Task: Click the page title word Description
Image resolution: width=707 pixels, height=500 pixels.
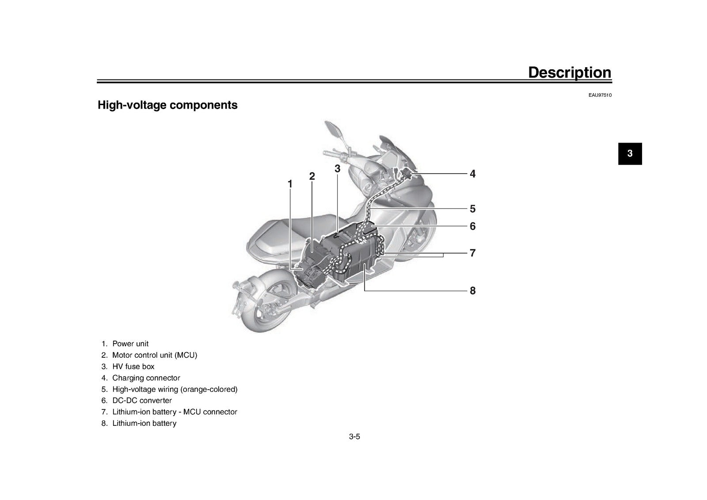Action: click(x=570, y=73)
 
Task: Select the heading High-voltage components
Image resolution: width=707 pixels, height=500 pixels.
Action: click(x=167, y=105)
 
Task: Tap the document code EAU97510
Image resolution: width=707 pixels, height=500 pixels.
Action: click(x=600, y=95)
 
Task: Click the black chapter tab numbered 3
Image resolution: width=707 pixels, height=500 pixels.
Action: click(x=630, y=154)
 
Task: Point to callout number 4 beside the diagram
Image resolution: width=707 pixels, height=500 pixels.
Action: click(x=472, y=174)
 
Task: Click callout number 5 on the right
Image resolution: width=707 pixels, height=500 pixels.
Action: click(x=472, y=209)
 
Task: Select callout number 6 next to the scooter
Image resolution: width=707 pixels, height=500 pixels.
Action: click(x=472, y=226)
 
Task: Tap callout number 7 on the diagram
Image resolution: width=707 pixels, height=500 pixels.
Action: click(x=472, y=253)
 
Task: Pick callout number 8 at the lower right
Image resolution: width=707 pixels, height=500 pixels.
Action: click(x=472, y=291)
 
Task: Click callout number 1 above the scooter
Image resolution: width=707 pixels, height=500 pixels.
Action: click(x=290, y=184)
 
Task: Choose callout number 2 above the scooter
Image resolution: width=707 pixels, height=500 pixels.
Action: click(x=312, y=176)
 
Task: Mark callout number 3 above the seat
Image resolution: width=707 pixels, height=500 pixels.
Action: click(x=338, y=169)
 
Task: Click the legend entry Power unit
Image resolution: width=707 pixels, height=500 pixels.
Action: click(x=130, y=344)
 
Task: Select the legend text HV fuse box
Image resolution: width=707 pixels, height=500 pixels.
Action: click(x=133, y=367)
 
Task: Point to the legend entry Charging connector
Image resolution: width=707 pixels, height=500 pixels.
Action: click(x=146, y=378)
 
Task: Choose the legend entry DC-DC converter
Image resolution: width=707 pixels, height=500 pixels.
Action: click(x=142, y=401)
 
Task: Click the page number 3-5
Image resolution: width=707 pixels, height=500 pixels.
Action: click(x=354, y=436)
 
